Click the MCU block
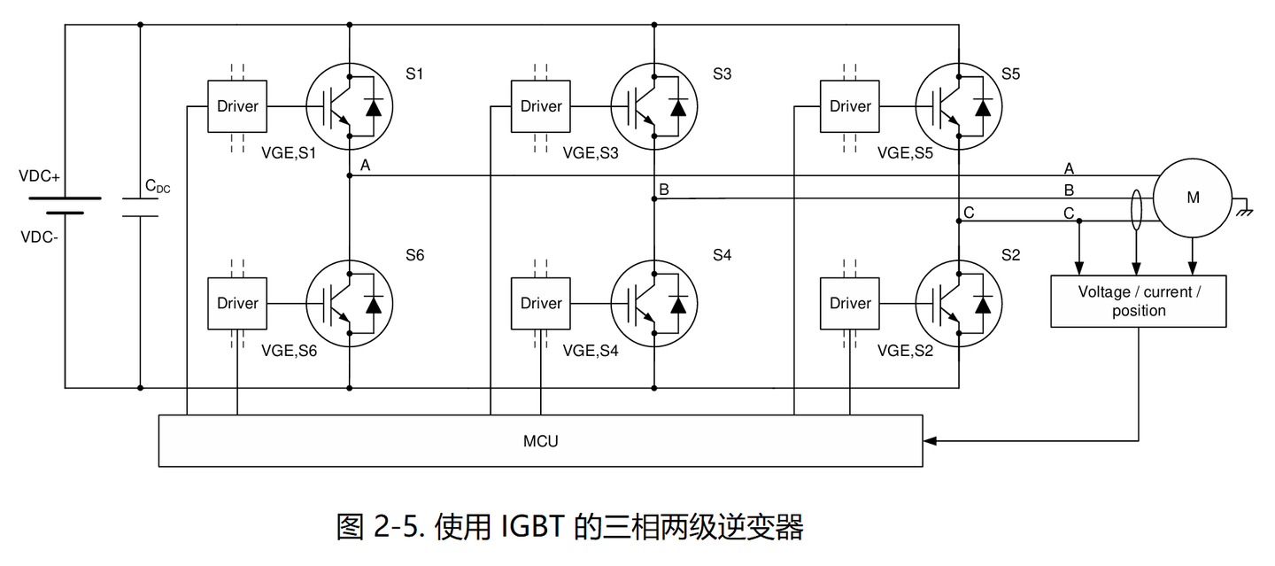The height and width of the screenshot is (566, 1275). coord(540,440)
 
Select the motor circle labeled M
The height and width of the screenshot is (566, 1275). coord(1192,198)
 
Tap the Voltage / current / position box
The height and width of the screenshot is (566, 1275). coord(1138,301)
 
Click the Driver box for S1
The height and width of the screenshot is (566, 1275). coord(237,106)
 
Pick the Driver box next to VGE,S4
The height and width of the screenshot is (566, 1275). coord(541,303)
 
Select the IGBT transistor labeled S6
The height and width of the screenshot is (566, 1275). coord(349,303)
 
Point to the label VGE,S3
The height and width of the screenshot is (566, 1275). coord(591,152)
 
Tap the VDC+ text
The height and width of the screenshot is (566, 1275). coord(39,176)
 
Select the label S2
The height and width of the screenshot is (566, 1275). coord(1010,255)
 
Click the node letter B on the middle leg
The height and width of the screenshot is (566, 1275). coord(664,189)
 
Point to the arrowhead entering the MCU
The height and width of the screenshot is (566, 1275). coord(929,440)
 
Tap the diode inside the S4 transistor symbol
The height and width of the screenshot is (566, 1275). coord(678,303)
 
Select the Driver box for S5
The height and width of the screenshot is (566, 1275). coord(850,106)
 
